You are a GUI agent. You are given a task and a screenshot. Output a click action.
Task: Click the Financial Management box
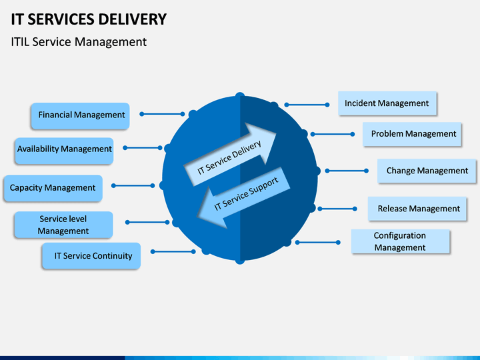[80, 116]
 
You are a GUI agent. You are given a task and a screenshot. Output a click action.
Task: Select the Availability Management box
[64, 151]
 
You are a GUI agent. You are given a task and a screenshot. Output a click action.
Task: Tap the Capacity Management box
[53, 188]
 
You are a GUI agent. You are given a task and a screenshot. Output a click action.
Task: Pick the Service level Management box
[63, 225]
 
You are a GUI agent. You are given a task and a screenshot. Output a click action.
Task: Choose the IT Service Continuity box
[91, 256]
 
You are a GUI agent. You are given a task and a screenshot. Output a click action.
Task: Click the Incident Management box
[387, 103]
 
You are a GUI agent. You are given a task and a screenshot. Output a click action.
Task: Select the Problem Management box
[412, 134]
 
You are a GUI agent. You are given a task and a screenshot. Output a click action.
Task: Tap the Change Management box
[427, 171]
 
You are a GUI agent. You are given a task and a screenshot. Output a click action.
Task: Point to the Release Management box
[417, 209]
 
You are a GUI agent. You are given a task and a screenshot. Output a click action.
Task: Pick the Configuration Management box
[401, 241]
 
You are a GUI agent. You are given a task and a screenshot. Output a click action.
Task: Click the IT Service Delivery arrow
[230, 155]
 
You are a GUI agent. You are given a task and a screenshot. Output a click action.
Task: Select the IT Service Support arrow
[244, 197]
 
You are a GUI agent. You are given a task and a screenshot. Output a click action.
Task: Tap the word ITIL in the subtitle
[20, 42]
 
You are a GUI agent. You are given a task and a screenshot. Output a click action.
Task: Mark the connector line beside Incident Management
[307, 105]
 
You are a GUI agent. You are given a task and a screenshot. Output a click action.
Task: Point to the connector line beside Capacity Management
[133, 185]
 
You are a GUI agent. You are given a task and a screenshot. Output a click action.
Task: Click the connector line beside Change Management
[347, 171]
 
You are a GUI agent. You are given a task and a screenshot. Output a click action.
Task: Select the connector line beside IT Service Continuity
[173, 251]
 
